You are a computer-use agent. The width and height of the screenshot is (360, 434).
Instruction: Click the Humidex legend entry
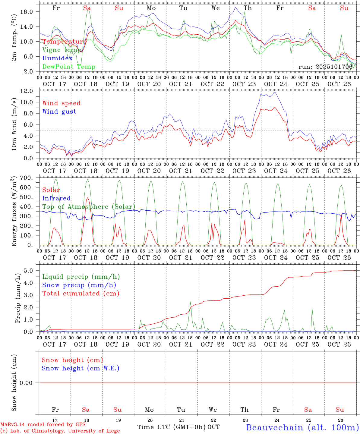[x=57, y=58]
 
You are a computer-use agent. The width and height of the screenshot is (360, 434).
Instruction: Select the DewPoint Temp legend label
[x=69, y=67]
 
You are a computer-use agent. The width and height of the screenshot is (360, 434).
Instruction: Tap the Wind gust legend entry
[x=59, y=112]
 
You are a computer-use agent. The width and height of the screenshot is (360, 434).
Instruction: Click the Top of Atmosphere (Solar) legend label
[x=88, y=207]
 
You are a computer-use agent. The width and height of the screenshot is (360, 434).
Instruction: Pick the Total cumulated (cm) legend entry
[x=81, y=293]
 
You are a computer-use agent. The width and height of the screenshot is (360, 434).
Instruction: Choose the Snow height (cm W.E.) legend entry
[x=80, y=368]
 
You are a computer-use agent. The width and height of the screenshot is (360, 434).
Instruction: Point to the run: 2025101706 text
[x=325, y=67]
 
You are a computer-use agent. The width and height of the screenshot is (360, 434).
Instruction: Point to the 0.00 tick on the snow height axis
[x=28, y=383]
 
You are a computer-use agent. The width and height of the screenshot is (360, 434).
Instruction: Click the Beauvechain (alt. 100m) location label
[x=302, y=427]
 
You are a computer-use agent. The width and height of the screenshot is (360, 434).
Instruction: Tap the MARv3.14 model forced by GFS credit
[x=43, y=424]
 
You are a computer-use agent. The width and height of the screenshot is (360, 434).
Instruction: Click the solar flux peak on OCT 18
[x=87, y=198]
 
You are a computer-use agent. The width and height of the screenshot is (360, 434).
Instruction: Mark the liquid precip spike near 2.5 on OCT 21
[x=191, y=302]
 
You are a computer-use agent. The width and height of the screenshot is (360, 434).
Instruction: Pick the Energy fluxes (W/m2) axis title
[x=14, y=212]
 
